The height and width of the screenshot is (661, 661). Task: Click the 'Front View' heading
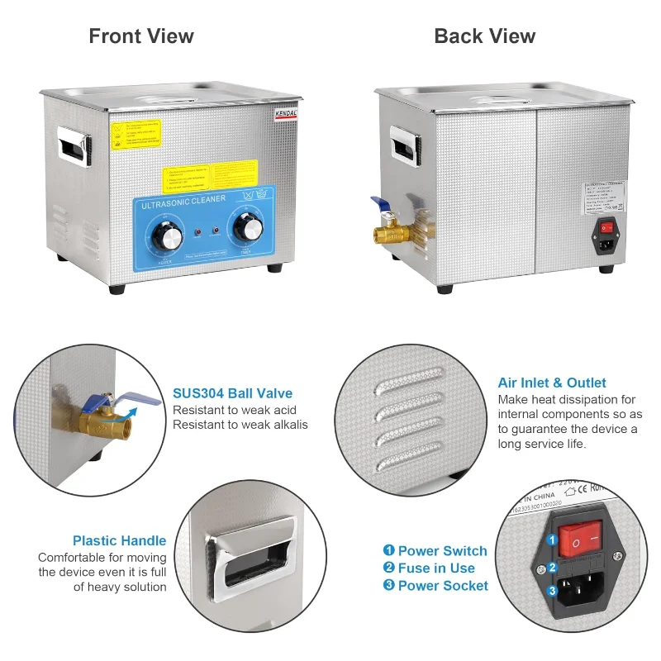click(141, 36)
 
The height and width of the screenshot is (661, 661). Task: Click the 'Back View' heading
click(485, 36)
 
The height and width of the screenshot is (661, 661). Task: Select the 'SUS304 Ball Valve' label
click(232, 393)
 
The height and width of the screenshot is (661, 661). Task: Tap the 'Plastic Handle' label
click(119, 541)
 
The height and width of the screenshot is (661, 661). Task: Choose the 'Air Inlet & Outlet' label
click(552, 383)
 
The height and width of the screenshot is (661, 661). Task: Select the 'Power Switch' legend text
click(442, 551)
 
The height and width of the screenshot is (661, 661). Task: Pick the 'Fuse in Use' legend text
click(436, 568)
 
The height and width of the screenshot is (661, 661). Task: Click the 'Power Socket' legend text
click(443, 586)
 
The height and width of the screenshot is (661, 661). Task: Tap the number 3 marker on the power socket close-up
click(551, 590)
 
